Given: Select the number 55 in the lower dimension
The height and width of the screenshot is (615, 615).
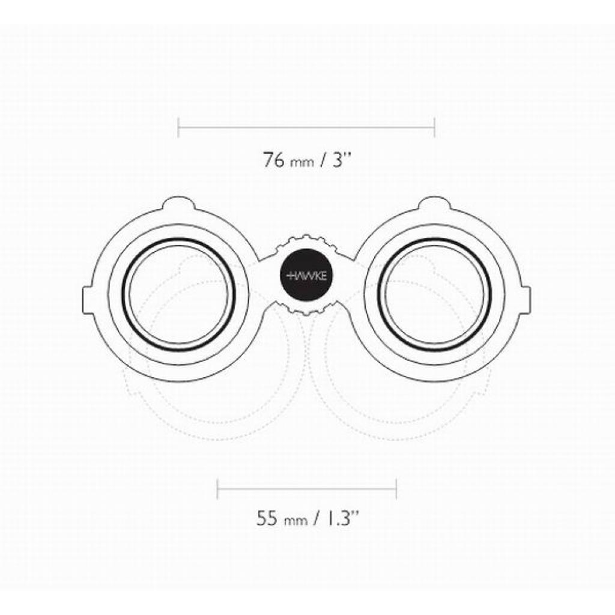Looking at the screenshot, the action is (x=268, y=518).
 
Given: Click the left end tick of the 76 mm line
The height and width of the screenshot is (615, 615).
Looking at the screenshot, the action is (x=178, y=127).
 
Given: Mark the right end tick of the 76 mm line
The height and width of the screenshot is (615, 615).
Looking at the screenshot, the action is (x=435, y=127).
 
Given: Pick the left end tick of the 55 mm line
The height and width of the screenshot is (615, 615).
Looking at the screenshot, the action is (x=217, y=489).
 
